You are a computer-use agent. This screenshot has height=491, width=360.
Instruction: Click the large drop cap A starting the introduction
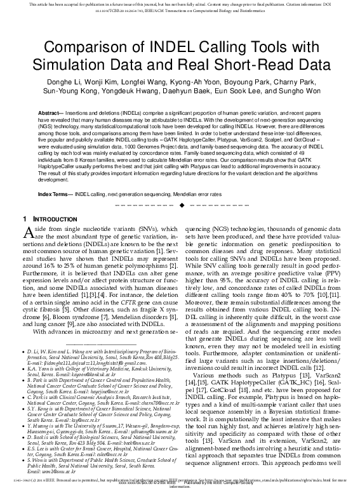(x=27, y=235)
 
